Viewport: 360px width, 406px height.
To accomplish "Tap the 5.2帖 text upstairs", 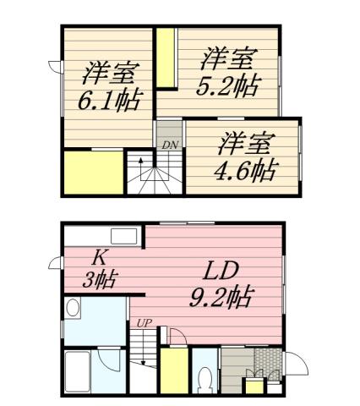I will [x=228, y=86].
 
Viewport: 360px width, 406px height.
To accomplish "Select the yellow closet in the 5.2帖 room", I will [x=167, y=58].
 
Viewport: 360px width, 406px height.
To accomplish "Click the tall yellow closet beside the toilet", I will [x=174, y=370].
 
